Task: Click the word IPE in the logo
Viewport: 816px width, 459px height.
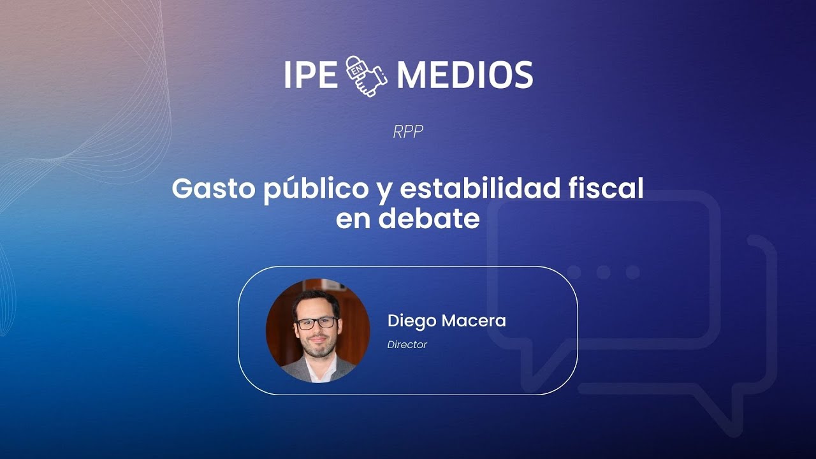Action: (310, 75)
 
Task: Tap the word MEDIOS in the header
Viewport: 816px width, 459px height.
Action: (465, 75)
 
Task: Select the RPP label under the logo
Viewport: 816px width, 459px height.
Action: (408, 132)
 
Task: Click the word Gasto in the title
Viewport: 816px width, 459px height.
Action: (214, 189)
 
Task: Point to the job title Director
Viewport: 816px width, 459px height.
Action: (407, 345)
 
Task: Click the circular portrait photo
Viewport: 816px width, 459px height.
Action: (317, 330)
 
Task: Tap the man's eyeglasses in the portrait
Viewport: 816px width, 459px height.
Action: (317, 323)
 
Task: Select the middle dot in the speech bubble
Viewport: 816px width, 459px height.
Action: (603, 272)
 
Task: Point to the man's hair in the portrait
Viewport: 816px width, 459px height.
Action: (315, 300)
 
